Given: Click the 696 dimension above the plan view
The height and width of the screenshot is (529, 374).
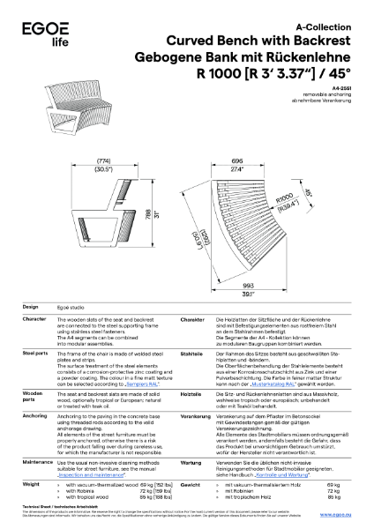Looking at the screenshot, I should click(236, 160).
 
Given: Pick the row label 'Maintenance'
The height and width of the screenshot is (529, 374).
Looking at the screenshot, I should click(37, 461).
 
